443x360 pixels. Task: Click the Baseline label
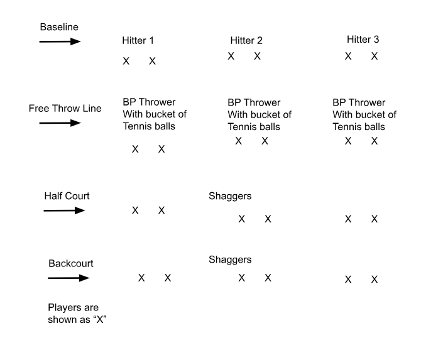(x=58, y=28)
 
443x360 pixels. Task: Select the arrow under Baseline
(x=60, y=41)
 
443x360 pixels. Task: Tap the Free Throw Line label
(x=65, y=108)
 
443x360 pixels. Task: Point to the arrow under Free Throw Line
(x=60, y=123)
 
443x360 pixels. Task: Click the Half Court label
(x=67, y=196)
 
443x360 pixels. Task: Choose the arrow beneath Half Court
(x=63, y=210)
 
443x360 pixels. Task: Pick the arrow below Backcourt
(x=68, y=278)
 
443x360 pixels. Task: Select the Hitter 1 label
(x=138, y=41)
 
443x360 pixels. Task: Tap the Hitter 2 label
(x=246, y=41)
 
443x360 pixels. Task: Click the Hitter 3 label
(x=363, y=40)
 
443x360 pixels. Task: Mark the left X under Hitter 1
(x=126, y=61)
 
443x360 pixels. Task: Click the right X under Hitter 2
(x=257, y=56)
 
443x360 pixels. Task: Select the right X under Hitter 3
(x=375, y=56)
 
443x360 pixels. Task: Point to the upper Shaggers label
(x=230, y=196)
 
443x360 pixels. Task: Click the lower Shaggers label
(x=230, y=259)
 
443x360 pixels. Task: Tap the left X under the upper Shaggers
(x=241, y=219)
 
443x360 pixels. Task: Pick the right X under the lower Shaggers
(x=268, y=278)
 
